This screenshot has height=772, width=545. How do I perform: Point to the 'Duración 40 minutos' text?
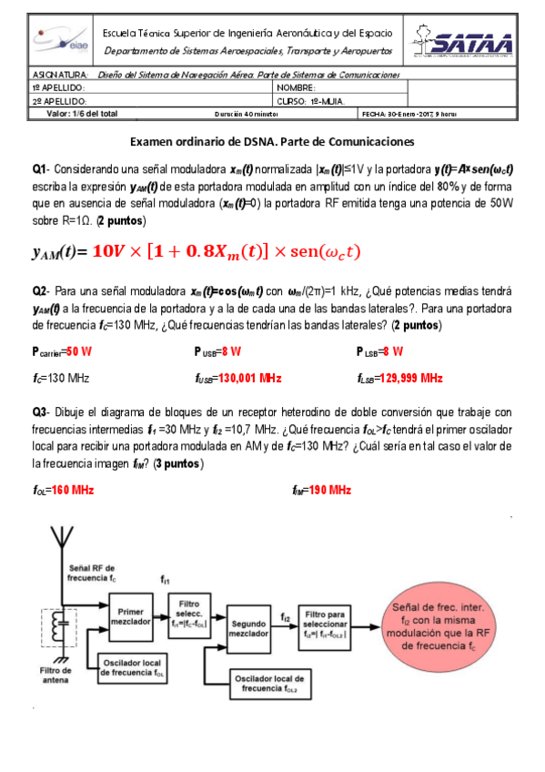click(246, 115)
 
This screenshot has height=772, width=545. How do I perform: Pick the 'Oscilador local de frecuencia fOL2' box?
click(269, 683)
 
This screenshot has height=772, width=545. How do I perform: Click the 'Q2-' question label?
click(41, 290)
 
